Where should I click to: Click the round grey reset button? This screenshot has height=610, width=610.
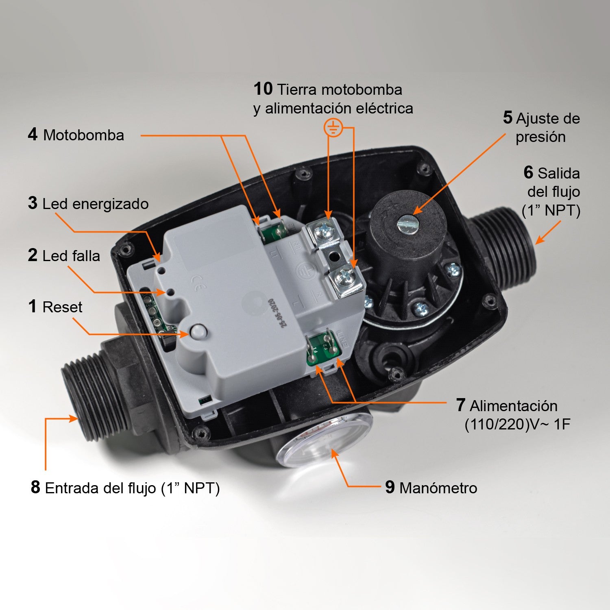click(198, 331)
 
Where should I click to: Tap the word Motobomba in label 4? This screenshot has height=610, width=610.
click(83, 135)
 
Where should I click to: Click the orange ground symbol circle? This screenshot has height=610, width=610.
click(333, 128)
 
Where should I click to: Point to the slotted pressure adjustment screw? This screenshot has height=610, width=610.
click(407, 224)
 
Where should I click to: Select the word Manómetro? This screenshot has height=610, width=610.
click(438, 488)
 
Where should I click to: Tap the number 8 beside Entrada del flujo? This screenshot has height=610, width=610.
click(35, 487)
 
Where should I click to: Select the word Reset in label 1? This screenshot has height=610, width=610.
click(62, 307)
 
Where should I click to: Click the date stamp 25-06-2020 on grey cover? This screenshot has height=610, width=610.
click(277, 313)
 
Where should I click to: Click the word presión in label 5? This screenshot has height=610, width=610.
click(540, 137)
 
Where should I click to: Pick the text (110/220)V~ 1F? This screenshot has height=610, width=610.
click(517, 424)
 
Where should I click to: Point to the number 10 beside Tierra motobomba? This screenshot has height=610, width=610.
click(263, 89)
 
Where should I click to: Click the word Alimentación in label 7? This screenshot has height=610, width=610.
click(514, 406)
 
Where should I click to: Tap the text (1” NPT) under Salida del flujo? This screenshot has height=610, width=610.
click(551, 211)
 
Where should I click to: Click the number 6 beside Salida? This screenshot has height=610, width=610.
click(528, 173)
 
